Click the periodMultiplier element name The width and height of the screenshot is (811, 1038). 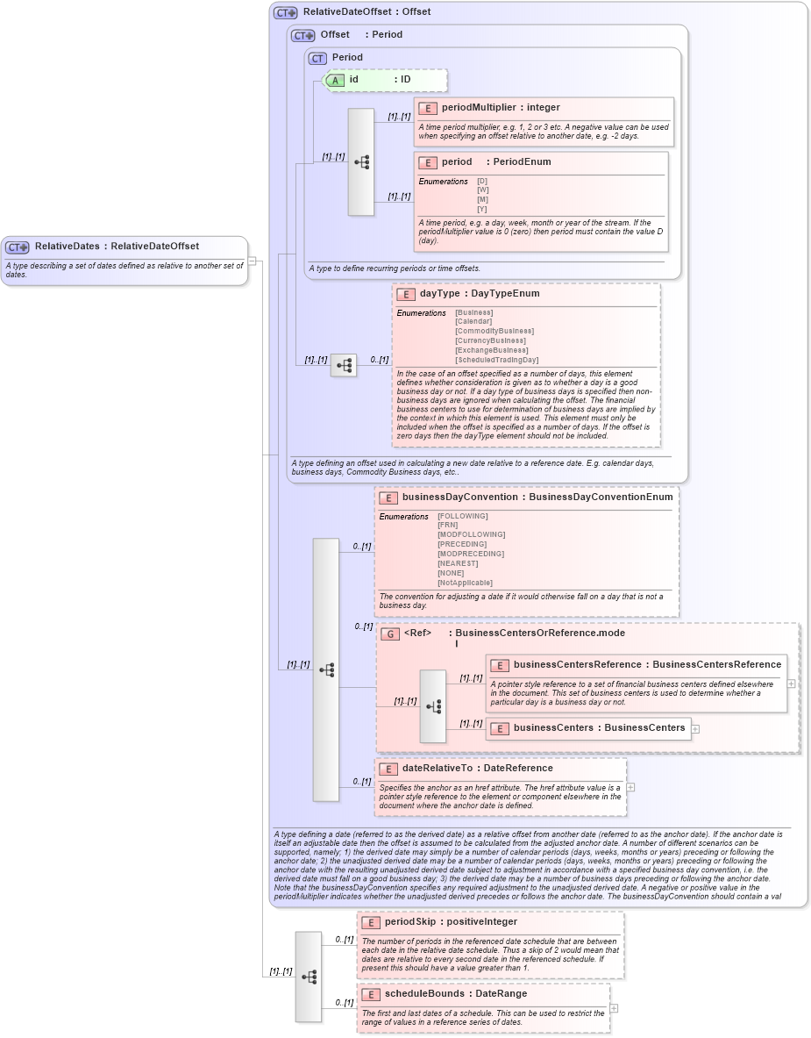click(x=479, y=108)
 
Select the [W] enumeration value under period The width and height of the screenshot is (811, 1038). click(x=482, y=190)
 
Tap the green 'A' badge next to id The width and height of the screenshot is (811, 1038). click(x=335, y=80)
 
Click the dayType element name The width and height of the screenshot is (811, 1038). click(x=439, y=294)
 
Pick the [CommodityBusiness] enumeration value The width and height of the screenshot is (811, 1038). click(x=494, y=332)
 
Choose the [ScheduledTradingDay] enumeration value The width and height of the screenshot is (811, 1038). click(x=496, y=361)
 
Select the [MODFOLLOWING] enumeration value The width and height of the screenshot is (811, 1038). click(x=472, y=535)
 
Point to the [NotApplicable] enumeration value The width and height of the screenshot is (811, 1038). click(x=465, y=583)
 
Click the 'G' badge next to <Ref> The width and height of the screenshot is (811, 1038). click(x=390, y=634)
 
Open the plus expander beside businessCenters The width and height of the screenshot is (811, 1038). click(x=695, y=728)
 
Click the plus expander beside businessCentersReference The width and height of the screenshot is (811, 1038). click(x=791, y=684)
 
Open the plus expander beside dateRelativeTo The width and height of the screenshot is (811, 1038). click(x=630, y=787)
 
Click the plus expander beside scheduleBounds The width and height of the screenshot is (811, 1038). click(x=614, y=1008)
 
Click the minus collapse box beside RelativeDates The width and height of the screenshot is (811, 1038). click(x=252, y=261)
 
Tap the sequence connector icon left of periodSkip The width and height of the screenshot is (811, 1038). click(x=309, y=977)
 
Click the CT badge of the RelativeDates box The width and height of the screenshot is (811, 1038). click(x=18, y=247)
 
